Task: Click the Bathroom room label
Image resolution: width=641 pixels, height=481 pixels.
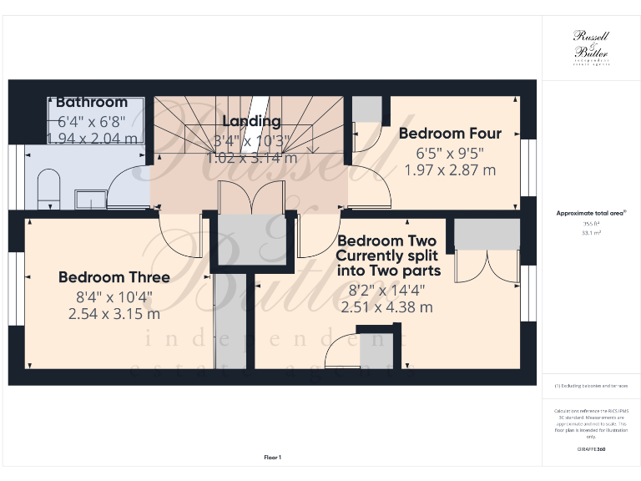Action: (92, 102)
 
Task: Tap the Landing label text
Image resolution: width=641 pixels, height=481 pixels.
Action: (251, 122)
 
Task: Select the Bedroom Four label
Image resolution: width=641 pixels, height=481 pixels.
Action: (450, 134)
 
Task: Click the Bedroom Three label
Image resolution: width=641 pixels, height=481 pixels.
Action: (114, 277)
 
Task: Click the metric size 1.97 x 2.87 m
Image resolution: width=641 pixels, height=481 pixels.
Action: (450, 170)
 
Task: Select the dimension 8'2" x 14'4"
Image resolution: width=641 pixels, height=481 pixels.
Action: (386, 290)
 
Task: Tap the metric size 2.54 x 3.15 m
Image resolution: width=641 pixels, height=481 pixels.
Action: (114, 314)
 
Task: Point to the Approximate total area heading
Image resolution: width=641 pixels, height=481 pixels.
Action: (590, 214)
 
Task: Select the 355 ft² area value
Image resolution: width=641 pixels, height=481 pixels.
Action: (591, 224)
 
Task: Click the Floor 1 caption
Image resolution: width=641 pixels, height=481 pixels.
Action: (273, 457)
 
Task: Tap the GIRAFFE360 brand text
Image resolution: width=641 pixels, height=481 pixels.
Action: (591, 449)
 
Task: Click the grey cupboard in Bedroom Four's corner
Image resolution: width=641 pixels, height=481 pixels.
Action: (366, 109)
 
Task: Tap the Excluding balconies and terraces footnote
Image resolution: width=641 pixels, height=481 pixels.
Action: (591, 386)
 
